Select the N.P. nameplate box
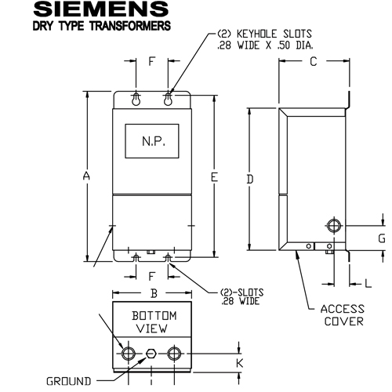tap(151, 144)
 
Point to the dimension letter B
tap(154, 293)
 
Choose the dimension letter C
tap(313, 62)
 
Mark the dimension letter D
tap(249, 180)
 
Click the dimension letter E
tap(213, 177)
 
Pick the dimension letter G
tap(381, 237)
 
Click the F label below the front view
tap(151, 275)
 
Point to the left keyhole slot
tap(136, 100)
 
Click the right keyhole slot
tap(168, 100)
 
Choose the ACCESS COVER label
tap(341, 314)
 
